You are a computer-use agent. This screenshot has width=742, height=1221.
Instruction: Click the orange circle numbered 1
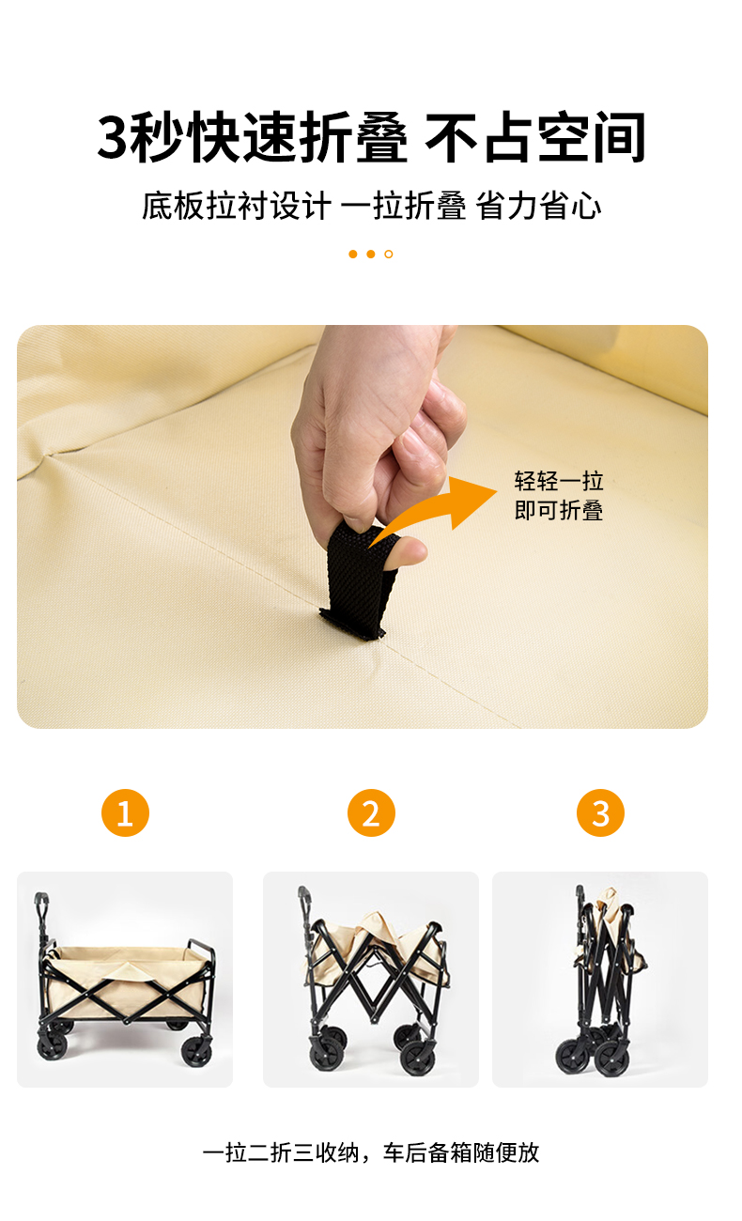pos(125,812)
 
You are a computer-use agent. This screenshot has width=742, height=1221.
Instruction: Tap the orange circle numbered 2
pos(371,812)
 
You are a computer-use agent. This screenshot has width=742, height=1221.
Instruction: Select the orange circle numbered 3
pos(600,812)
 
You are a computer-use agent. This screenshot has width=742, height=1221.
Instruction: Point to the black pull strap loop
pos(360,578)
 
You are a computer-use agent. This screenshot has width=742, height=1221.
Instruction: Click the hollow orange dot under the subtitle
pos(388,254)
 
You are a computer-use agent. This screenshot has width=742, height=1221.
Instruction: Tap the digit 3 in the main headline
pos(113,136)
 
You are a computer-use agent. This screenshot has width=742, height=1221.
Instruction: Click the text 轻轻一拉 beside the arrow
pos(559,481)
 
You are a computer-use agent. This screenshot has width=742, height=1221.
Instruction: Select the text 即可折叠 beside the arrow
pos(559,511)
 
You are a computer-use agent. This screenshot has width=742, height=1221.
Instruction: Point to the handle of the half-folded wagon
pos(304,902)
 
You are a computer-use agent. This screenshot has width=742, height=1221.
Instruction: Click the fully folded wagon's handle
pos(580,900)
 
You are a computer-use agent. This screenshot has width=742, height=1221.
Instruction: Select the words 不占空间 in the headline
pos(534,137)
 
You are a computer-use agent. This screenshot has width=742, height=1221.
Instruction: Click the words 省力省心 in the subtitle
pos(538,206)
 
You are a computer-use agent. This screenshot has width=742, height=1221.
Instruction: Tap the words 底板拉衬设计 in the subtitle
pos(236,206)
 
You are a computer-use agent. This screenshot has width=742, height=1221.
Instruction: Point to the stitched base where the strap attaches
pos(352,625)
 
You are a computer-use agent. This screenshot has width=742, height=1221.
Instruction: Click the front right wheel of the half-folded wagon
pos(418,1055)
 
